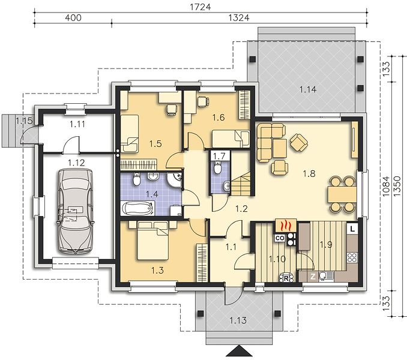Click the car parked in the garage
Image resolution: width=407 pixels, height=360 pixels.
(76, 211)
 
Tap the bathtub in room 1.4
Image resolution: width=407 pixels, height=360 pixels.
(137, 209)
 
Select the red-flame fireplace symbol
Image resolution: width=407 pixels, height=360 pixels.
(286, 226)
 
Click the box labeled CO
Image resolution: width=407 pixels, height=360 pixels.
(280, 238)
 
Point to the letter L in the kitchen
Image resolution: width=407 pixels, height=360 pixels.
(352, 229)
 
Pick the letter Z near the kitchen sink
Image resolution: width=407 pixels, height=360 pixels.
(313, 277)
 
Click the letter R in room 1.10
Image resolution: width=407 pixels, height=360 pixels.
(286, 279)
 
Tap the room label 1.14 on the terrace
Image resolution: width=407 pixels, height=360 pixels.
(308, 89)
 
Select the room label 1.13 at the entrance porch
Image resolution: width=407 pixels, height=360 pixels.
(238, 320)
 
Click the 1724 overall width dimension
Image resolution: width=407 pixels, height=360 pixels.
(200, 7)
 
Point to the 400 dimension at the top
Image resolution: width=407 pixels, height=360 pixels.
(73, 17)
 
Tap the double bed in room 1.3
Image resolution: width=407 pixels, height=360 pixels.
(152, 241)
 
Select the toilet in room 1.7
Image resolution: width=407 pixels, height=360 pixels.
(217, 167)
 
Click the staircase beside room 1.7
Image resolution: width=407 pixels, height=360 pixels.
(241, 184)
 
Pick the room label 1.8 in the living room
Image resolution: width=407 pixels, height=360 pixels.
(309, 173)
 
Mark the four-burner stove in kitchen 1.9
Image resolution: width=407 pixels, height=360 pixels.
(352, 257)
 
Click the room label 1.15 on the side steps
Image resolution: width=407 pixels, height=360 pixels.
(24, 121)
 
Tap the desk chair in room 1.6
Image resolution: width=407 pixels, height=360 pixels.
(203, 101)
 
